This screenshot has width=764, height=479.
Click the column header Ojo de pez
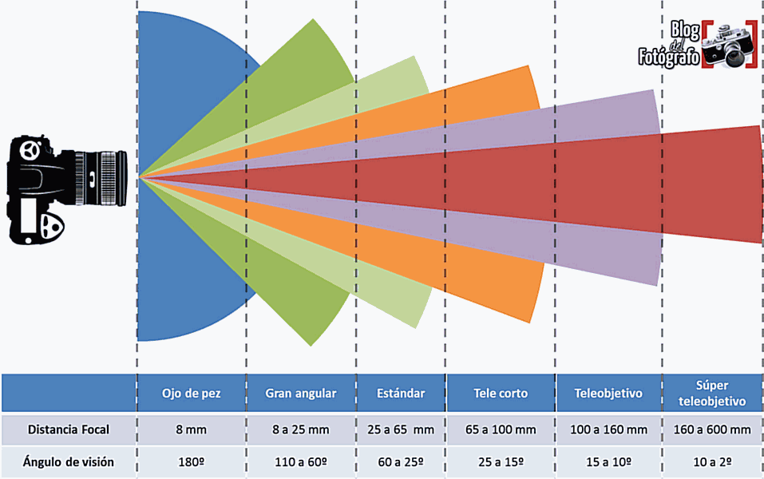192,394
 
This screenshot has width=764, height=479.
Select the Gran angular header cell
301,394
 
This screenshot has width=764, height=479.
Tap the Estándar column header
401,394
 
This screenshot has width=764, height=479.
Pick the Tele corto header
501,394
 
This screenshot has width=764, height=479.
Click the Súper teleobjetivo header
711,394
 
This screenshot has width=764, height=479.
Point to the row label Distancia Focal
69,430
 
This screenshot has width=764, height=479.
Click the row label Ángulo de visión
69,461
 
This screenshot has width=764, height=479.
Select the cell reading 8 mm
192,430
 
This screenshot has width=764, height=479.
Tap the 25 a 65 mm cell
401,430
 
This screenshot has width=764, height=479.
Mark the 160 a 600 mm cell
711,430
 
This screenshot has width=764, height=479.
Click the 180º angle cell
192,461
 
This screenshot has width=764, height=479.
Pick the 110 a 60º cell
301,461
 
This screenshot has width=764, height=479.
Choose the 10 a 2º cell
711,461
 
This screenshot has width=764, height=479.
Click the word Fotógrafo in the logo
669,57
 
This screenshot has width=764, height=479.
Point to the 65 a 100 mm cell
501,430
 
